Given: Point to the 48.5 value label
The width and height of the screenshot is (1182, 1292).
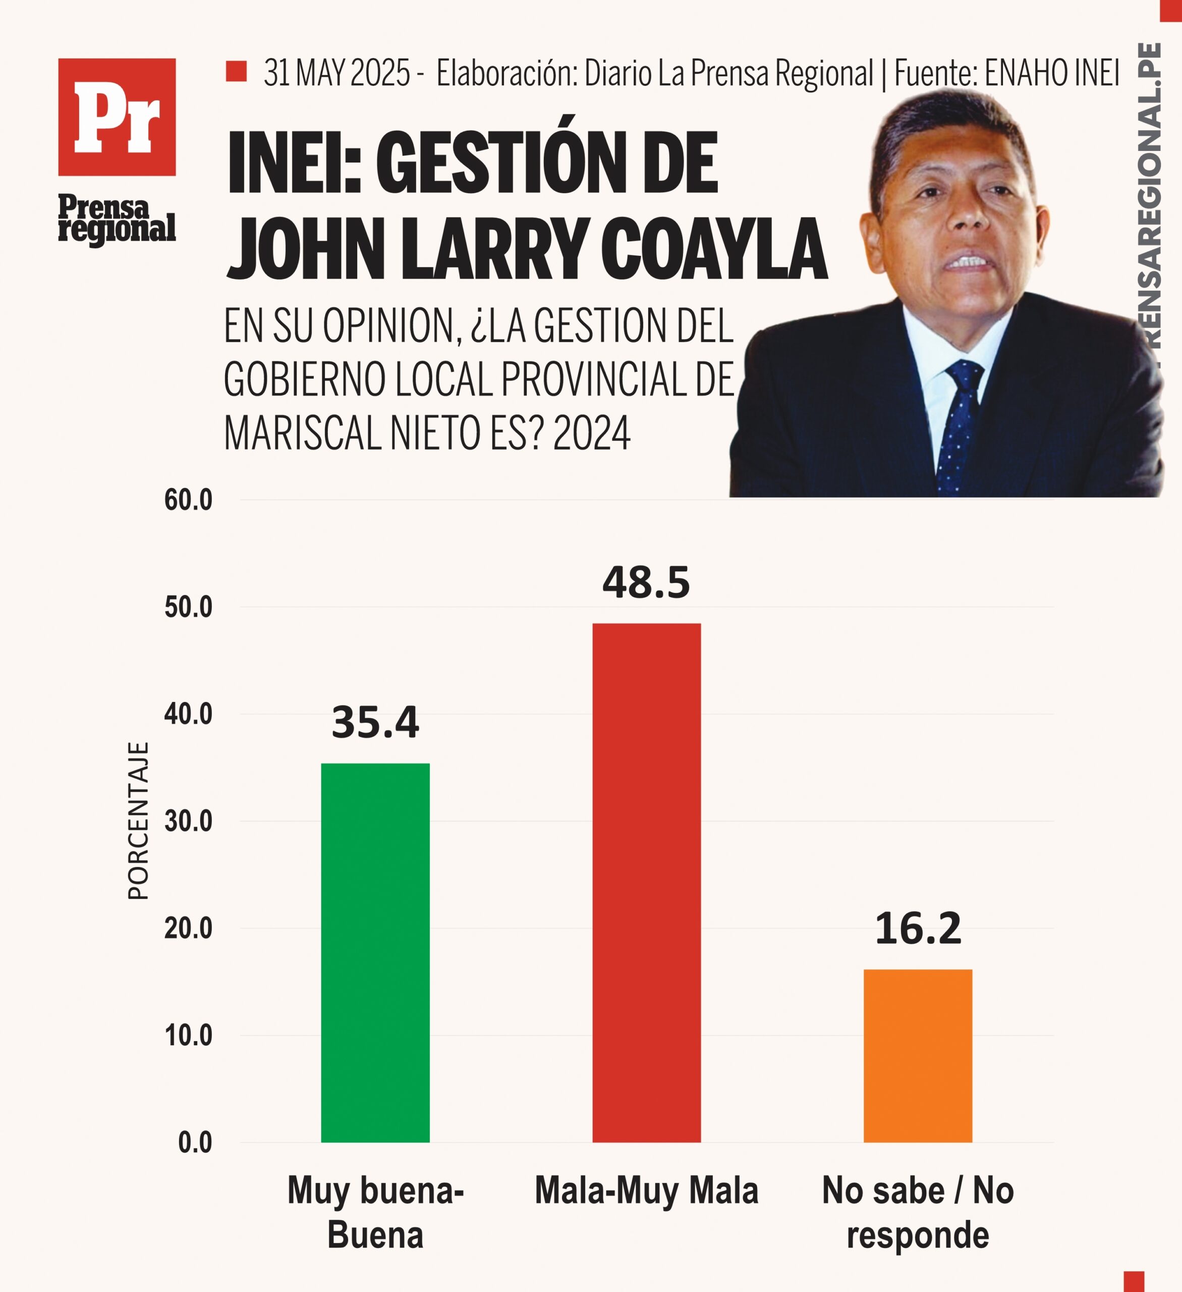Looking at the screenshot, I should click(646, 583).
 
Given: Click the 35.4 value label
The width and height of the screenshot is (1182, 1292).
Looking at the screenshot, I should click(375, 722).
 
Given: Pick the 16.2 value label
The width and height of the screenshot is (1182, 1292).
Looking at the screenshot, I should click(918, 929).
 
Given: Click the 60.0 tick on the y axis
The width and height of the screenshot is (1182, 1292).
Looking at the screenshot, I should click(188, 501).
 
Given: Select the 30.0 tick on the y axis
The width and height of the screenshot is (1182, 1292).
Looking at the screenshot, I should click(188, 822).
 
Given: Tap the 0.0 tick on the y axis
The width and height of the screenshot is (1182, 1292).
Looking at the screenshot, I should click(195, 1143).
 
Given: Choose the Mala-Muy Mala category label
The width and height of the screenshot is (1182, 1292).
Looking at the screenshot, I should click(646, 1191).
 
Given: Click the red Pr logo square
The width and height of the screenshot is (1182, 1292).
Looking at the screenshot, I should click(117, 117).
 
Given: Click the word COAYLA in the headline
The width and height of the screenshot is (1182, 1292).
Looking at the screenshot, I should click(714, 250).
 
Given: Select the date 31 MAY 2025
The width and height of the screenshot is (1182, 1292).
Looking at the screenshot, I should click(337, 73).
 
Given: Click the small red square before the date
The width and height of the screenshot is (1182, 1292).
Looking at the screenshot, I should click(237, 71).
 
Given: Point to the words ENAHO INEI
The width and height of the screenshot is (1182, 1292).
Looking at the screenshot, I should click(1052, 73).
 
